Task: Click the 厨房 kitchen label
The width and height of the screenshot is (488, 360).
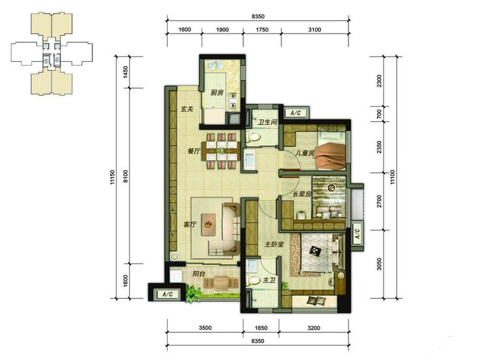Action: coord(217,93)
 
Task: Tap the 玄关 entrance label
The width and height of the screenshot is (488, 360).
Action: coord(187,109)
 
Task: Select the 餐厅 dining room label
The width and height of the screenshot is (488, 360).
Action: coord(194,151)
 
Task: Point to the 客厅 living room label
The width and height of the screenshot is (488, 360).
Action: coord(190,224)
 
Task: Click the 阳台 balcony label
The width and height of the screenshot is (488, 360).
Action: coord(198,274)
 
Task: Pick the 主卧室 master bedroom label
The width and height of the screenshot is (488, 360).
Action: coord(274,245)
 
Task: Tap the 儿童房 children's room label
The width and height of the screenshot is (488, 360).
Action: coord(305,153)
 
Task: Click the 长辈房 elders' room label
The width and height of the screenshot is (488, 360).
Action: coord(302,194)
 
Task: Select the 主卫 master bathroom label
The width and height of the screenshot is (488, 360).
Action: coord(269,280)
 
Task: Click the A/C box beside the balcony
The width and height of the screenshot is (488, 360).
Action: coord(168,294)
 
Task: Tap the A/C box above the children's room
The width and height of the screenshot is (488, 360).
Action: coord(296,113)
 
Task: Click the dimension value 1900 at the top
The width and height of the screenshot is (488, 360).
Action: coord(222,29)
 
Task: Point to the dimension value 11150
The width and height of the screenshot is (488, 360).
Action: coord(112,177)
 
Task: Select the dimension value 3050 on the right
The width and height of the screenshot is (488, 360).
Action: coord(378,264)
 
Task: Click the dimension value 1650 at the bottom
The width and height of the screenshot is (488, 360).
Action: coord(261,327)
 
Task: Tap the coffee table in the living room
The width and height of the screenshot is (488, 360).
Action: coord(209,224)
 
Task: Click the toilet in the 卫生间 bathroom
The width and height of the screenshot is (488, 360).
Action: coord(253,138)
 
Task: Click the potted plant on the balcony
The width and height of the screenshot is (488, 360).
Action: coord(193,294)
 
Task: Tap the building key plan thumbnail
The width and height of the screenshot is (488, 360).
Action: coord(52,54)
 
